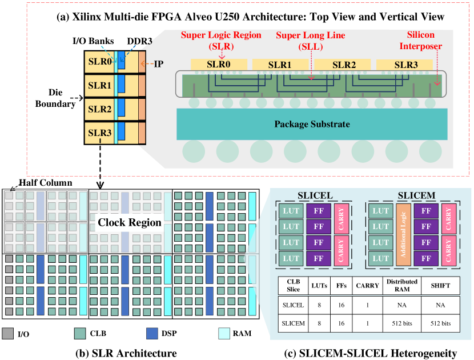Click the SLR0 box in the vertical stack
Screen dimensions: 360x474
pyautogui.click(x=100, y=62)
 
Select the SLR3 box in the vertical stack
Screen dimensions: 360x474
pyautogui.click(x=100, y=133)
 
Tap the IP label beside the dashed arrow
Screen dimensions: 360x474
pyautogui.click(x=158, y=64)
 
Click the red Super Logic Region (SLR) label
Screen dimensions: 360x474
pyautogui.click(x=221, y=41)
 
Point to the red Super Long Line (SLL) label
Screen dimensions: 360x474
pyautogui.click(x=311, y=41)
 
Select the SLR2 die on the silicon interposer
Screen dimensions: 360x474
pyautogui.click(x=344, y=65)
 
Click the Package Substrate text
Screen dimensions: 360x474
pyautogui.click(x=312, y=124)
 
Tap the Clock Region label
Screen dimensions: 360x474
pyautogui.click(x=130, y=222)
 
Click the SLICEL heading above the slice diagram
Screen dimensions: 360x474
pyautogui.click(x=315, y=195)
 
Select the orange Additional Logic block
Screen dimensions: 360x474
pyautogui.click(x=403, y=234)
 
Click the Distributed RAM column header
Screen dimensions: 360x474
pyautogui.click(x=402, y=285)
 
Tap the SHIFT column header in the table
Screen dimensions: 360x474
pyautogui.click(x=440, y=285)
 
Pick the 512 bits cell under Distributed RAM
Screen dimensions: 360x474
pyautogui.click(x=402, y=323)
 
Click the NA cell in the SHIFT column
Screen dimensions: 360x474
pyautogui.click(x=440, y=305)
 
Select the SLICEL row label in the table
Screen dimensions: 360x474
pyautogui.click(x=294, y=305)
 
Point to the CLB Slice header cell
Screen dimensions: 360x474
pyautogui.click(x=294, y=285)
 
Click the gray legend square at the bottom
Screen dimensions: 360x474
pyautogui.click(x=8, y=334)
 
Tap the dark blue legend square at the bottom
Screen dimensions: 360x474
pyautogui.click(x=152, y=334)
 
